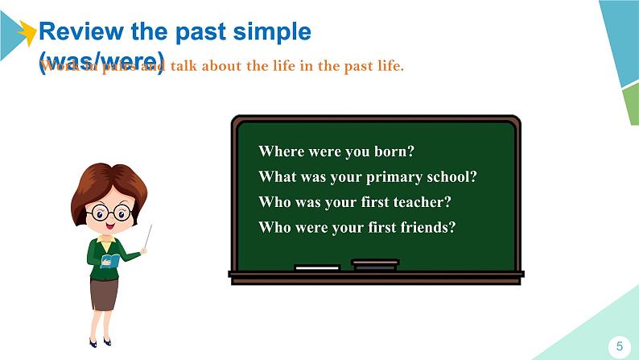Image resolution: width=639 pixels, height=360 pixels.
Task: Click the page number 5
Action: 619,346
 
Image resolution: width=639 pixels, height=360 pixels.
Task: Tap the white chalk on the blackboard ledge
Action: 317,267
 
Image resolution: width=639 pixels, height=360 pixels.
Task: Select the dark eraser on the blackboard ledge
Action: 375,264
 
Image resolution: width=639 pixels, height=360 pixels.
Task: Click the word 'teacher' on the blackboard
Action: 423,202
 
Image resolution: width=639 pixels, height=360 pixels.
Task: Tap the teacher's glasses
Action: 110,213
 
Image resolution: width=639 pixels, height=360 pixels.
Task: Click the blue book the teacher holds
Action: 111,260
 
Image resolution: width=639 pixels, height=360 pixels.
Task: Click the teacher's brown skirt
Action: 103,295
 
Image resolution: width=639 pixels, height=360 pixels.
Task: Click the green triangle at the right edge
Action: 630,105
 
